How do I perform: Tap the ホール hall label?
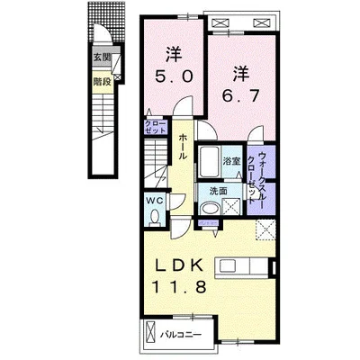pyautogui.click(x=184, y=144)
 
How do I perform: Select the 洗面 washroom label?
pyautogui.click(x=220, y=191)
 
